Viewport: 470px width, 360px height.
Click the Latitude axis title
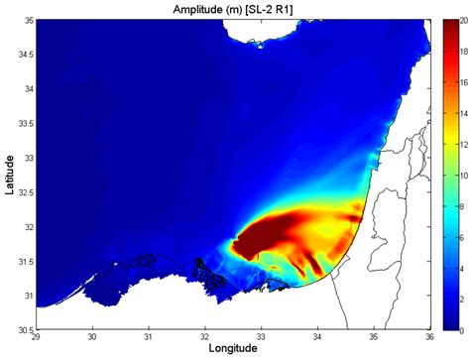click(9, 174)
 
